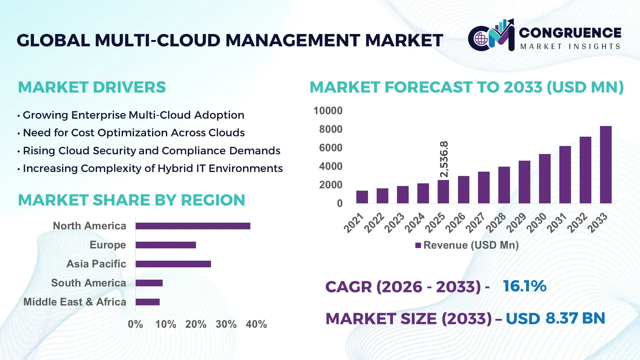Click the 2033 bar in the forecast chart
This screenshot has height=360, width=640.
(606, 165)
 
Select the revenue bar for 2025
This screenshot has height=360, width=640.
(443, 192)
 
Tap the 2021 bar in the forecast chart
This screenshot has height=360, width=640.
(362, 197)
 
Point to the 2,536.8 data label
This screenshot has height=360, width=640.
(444, 159)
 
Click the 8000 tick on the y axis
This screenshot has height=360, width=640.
(331, 129)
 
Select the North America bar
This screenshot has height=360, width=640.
(193, 226)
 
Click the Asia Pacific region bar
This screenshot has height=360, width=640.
(173, 264)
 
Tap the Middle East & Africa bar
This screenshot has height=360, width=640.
(147, 302)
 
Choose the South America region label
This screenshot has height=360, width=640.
(88, 283)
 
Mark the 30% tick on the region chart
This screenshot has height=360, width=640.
(226, 324)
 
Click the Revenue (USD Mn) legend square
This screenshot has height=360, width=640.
(418, 245)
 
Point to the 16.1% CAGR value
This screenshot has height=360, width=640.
(524, 286)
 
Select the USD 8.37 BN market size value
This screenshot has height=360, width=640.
(555, 318)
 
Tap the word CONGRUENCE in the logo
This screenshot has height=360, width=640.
(570, 33)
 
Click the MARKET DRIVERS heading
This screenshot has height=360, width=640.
(92, 87)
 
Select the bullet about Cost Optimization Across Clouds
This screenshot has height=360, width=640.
(134, 133)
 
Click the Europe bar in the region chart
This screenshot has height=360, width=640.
(166, 245)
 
